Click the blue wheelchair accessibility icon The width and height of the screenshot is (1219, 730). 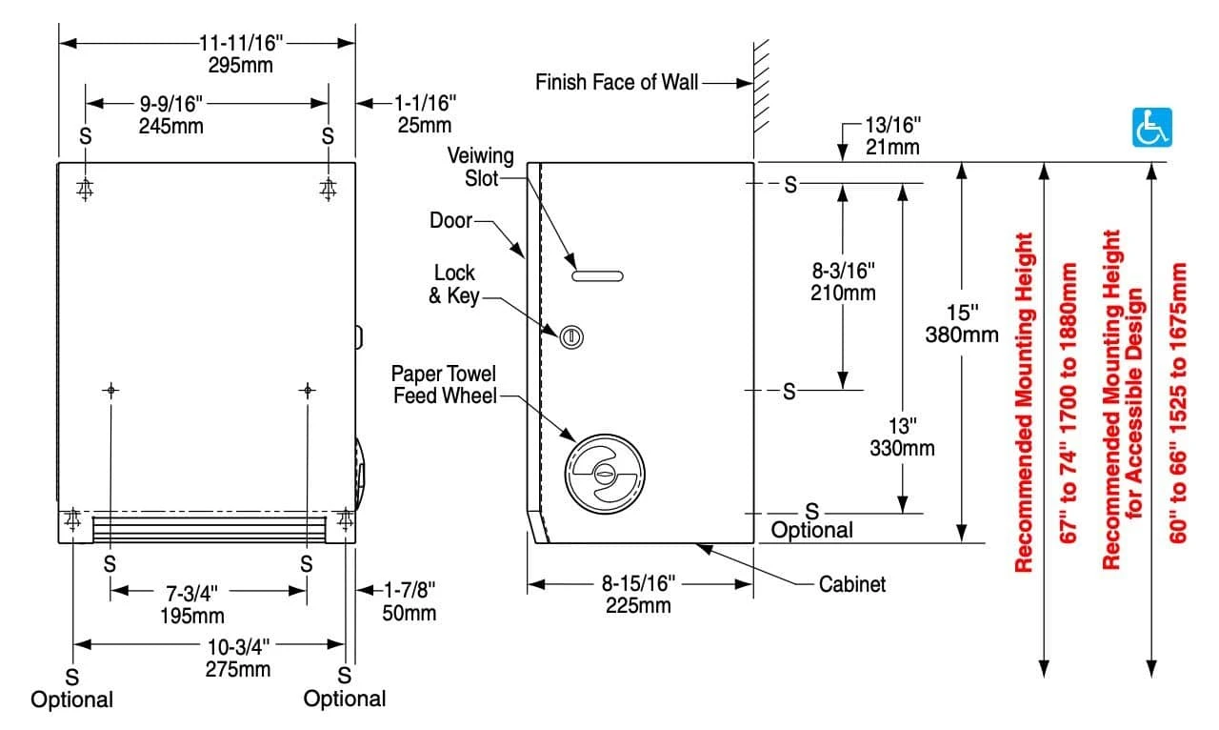tap(1151, 128)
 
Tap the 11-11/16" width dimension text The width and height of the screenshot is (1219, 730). tap(241, 42)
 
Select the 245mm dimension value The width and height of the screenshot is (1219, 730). tap(171, 125)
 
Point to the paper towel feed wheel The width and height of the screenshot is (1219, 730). tap(605, 472)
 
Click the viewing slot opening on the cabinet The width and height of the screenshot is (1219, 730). tap(597, 276)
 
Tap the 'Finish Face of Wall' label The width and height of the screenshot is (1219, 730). tap(617, 82)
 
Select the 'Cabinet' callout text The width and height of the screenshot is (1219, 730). tap(852, 584)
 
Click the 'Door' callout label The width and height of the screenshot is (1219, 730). tap(450, 220)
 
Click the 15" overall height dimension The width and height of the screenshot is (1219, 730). tap(962, 313)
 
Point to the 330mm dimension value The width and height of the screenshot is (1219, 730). tap(902, 448)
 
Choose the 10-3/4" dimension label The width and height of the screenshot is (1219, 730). tap(238, 645)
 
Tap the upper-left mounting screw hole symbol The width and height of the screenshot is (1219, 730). tap(86, 189)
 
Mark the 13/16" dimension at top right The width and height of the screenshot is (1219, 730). tap(892, 125)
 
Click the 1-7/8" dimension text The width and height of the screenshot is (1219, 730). tap(409, 591)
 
